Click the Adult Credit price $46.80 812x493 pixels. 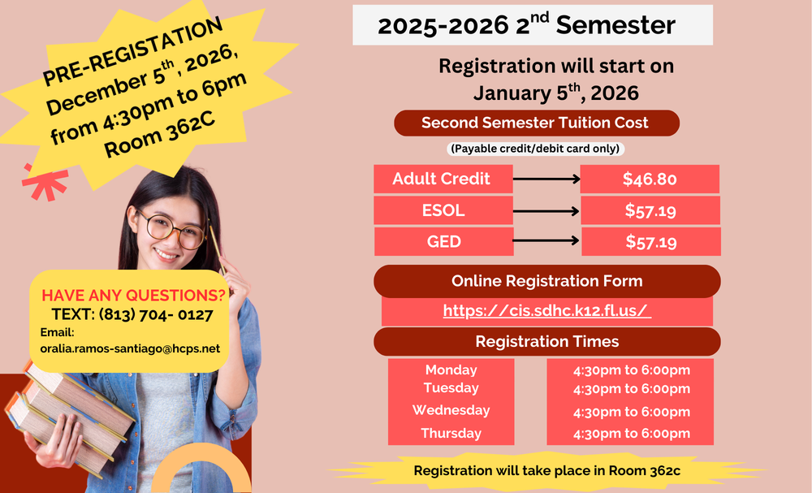[650, 179]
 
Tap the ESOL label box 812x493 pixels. [443, 210]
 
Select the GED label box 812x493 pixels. [444, 241]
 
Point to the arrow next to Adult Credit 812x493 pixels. [546, 179]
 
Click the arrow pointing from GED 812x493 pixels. [546, 240]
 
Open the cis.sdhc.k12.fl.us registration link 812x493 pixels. [546, 310]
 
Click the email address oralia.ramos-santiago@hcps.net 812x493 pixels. [130, 348]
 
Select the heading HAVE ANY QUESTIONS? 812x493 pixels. [134, 295]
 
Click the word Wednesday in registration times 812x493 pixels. [451, 410]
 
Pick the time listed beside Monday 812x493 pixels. [631, 370]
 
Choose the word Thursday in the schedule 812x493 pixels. [451, 433]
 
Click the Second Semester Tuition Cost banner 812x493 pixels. [537, 123]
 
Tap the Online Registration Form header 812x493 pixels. [546, 281]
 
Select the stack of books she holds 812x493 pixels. [70, 414]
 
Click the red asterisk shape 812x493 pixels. [45, 182]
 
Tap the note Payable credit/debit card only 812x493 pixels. [535, 149]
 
